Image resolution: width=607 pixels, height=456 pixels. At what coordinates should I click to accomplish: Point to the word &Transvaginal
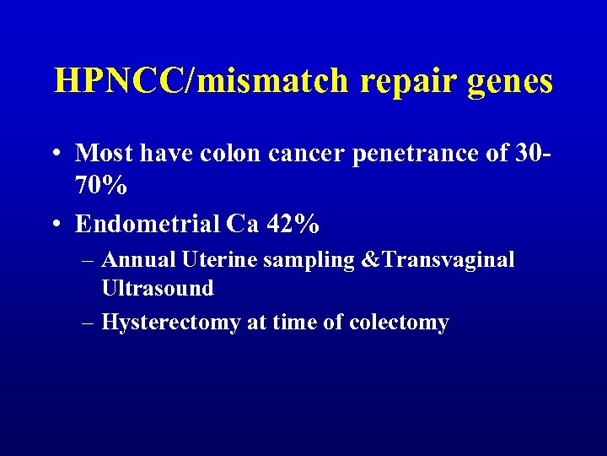point(437,260)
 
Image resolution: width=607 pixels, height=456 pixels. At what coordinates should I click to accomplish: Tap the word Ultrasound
point(158,288)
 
